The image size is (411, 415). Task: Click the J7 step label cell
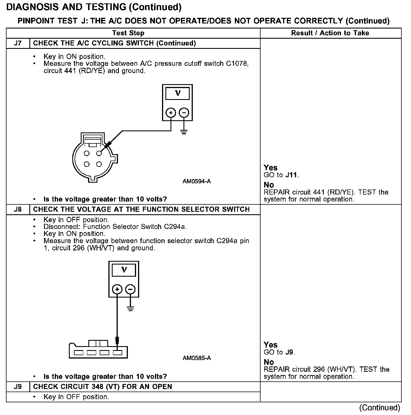[18, 43]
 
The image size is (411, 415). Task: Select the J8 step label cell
[18, 209]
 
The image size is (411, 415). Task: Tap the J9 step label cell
[18, 386]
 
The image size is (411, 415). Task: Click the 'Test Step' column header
[128, 33]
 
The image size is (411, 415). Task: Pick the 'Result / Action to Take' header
[330, 33]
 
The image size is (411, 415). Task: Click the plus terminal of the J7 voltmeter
[171, 113]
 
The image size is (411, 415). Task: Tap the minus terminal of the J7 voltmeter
[184, 113]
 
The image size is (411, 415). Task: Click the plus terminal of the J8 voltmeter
[117, 289]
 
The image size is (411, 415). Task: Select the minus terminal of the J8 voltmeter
[130, 289]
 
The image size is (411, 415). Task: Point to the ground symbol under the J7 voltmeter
[184, 132]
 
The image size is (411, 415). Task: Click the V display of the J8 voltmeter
[124, 270]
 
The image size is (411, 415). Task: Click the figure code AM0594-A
[196, 181]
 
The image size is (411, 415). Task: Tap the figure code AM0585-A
[196, 358]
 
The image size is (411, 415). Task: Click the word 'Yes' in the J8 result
[270, 345]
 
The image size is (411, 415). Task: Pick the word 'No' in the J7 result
[269, 185]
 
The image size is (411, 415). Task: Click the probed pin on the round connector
[99, 153]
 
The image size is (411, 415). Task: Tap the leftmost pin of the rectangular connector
[79, 353]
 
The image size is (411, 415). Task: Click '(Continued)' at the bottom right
[380, 408]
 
